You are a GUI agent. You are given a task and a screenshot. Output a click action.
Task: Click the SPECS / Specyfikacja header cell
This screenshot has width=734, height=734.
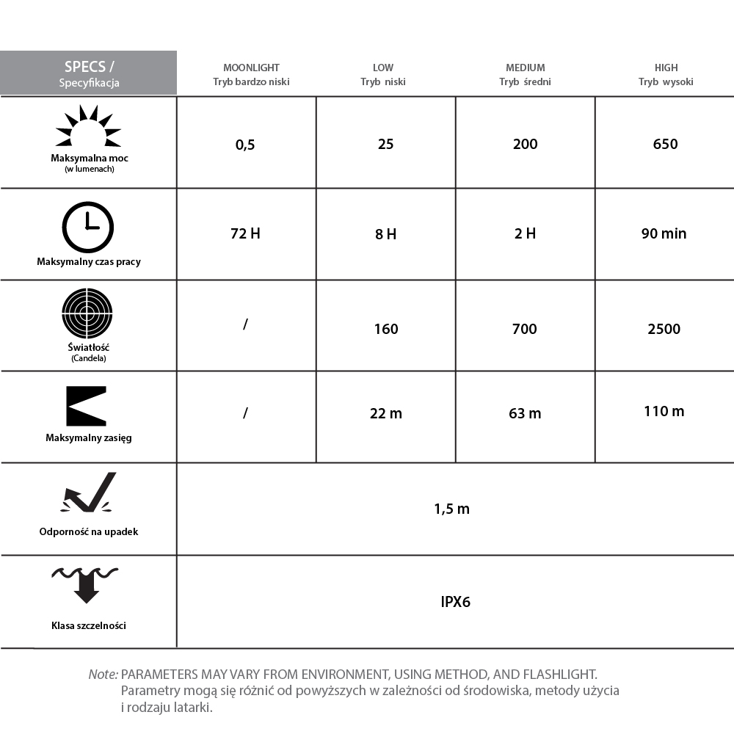pyautogui.click(x=89, y=73)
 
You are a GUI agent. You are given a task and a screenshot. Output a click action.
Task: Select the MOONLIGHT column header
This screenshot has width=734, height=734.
pyautogui.click(x=251, y=74)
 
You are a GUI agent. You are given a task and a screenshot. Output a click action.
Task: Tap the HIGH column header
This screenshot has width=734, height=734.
pyautogui.click(x=666, y=74)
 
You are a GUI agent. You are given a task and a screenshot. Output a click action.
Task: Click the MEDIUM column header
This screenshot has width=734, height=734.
pyautogui.click(x=525, y=74)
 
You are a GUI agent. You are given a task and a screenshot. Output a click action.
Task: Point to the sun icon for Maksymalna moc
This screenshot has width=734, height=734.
pyautogui.click(x=88, y=126)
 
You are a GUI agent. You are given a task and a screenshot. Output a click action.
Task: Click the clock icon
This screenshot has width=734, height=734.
pyautogui.click(x=88, y=227)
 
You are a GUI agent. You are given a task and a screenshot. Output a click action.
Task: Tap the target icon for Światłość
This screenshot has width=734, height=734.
pyautogui.click(x=87, y=313)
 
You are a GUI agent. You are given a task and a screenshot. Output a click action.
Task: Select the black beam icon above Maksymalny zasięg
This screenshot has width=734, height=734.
pyautogui.click(x=87, y=406)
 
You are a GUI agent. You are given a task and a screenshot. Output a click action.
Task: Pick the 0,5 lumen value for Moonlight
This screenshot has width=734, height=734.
pyautogui.click(x=245, y=145)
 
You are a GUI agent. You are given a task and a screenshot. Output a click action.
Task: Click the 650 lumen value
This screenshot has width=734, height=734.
pyautogui.click(x=665, y=144)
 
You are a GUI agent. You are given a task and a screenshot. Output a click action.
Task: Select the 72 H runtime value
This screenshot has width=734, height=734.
pyautogui.click(x=245, y=234)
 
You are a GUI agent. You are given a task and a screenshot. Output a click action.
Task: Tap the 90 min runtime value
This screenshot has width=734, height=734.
pyautogui.click(x=664, y=234)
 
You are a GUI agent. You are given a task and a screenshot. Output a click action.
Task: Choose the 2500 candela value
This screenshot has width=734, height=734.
pyautogui.click(x=664, y=329)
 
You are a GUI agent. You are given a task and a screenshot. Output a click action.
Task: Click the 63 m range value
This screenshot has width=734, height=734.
pyautogui.click(x=525, y=414)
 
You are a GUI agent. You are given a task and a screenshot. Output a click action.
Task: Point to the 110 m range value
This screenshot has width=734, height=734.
pyautogui.click(x=664, y=411)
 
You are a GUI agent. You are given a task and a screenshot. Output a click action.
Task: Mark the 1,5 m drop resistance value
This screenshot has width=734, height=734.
pyautogui.click(x=452, y=509)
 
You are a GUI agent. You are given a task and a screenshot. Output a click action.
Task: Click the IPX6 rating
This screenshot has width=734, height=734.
pyautogui.click(x=455, y=602)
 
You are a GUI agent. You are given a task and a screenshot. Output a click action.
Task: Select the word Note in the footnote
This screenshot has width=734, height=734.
pyautogui.click(x=103, y=674)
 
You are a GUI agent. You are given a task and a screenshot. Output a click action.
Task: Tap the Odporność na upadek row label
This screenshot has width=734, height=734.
pyautogui.click(x=89, y=531)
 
